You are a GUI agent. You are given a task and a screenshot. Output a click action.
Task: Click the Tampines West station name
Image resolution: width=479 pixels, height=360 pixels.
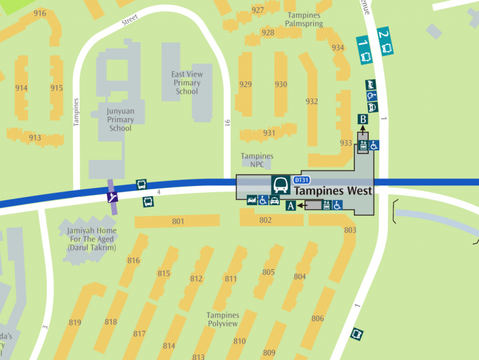(x=332, y=191)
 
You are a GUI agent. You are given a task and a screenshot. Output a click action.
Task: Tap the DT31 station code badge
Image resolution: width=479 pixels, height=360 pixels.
(x=302, y=180)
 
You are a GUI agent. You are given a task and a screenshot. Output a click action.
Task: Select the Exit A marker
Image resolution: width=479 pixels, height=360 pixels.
(x=291, y=205)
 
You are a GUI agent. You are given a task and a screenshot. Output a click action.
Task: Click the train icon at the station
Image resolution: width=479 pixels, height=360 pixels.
(x=281, y=184)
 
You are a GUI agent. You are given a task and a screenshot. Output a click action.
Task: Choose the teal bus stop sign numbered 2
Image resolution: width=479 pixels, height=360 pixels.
(x=385, y=41)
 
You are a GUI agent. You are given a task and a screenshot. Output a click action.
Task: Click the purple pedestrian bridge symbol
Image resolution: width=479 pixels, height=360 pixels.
(x=112, y=197)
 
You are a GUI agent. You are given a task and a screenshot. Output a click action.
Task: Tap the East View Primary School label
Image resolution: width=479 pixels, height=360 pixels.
(x=186, y=83)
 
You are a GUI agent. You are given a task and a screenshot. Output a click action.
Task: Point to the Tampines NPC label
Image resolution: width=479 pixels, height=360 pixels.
(x=257, y=160)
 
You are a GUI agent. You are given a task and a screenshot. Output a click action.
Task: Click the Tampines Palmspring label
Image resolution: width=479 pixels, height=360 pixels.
(x=304, y=19)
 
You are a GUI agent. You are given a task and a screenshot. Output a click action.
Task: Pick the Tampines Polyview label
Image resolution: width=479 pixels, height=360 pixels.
(x=223, y=319)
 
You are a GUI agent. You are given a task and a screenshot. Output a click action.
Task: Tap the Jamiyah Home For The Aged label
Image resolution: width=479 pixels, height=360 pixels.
(x=92, y=239)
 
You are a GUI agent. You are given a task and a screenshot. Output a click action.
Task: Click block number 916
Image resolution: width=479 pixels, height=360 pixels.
(x=40, y=13)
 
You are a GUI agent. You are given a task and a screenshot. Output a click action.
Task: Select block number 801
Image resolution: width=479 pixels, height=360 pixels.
(x=178, y=221)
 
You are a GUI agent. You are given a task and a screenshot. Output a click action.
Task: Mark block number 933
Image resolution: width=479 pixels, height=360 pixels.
(x=346, y=143)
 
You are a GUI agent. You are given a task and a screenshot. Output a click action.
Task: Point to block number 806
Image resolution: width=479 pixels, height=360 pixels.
(x=317, y=319)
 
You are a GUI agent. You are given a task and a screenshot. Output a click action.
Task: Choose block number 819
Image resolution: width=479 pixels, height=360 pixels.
(x=75, y=323)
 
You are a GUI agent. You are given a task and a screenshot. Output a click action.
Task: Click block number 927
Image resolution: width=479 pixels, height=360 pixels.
(x=258, y=10)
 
